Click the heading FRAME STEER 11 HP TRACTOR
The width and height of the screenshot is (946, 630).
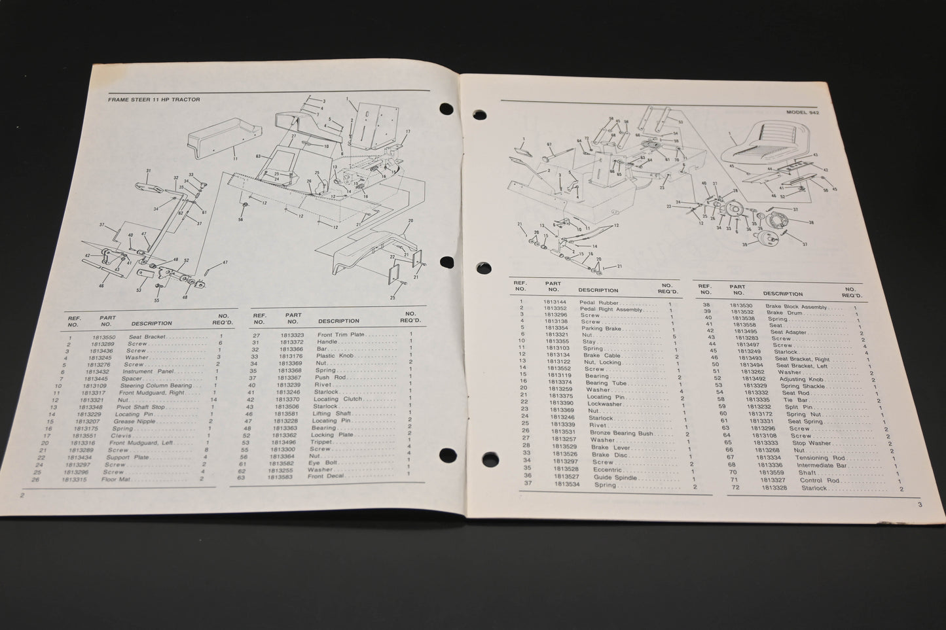coord(154,99)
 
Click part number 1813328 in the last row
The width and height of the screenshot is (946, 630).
coord(774,488)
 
